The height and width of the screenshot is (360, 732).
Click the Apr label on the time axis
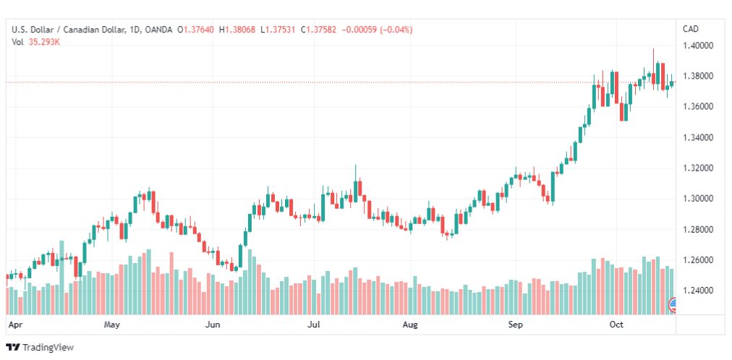15,325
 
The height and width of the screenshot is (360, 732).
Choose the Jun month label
213,325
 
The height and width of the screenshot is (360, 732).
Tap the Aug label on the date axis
410,325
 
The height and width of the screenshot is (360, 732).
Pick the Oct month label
617,325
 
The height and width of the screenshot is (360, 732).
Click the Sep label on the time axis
516,325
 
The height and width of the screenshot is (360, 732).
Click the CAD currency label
691,29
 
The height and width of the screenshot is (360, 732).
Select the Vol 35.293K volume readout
36,42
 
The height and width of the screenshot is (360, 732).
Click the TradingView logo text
48,348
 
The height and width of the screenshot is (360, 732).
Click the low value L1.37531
278,30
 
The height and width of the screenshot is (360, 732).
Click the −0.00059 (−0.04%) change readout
377,30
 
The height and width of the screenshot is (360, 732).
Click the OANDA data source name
158,30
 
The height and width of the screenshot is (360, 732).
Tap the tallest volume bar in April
61,278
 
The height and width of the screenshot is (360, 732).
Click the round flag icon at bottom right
673,304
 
